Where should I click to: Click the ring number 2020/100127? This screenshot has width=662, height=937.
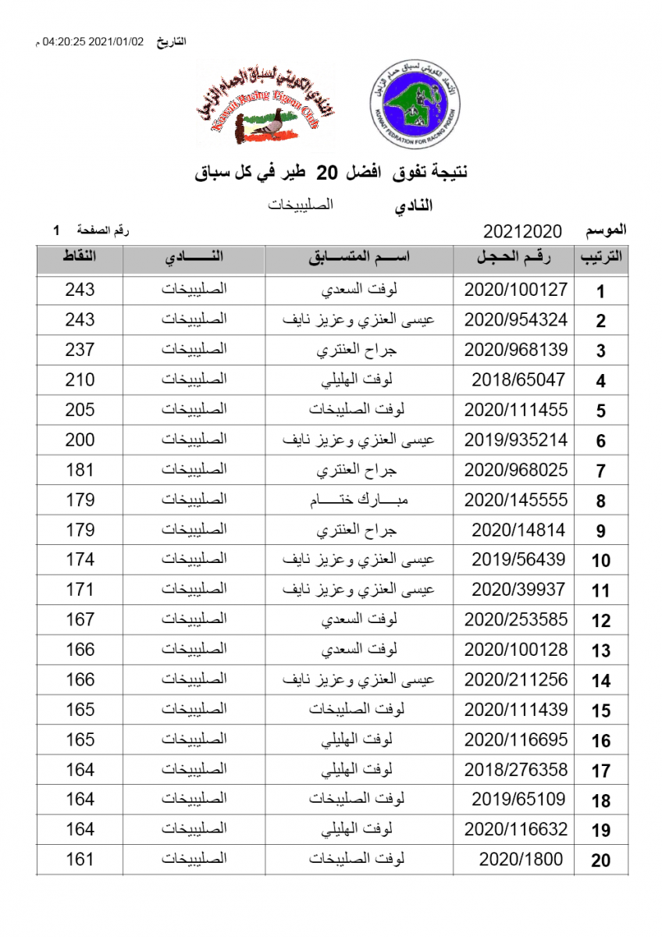(515, 290)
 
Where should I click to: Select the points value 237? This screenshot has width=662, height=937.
(80, 350)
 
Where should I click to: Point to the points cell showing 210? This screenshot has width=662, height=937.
(80, 380)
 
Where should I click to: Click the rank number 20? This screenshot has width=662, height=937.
(600, 861)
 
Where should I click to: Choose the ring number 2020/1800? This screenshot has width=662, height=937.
(521, 860)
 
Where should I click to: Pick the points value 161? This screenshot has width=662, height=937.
(80, 860)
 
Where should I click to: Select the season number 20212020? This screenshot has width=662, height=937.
(523, 231)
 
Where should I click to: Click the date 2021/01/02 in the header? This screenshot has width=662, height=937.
(118, 41)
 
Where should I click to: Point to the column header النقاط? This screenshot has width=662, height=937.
(80, 257)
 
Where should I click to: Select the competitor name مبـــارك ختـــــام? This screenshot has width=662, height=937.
(358, 500)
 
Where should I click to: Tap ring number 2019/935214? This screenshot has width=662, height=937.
(515, 440)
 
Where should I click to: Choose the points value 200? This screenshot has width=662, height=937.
(80, 440)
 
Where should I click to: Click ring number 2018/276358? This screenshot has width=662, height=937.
(515, 770)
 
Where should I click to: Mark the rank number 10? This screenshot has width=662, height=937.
(600, 561)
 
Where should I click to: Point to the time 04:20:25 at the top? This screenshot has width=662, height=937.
(64, 41)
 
